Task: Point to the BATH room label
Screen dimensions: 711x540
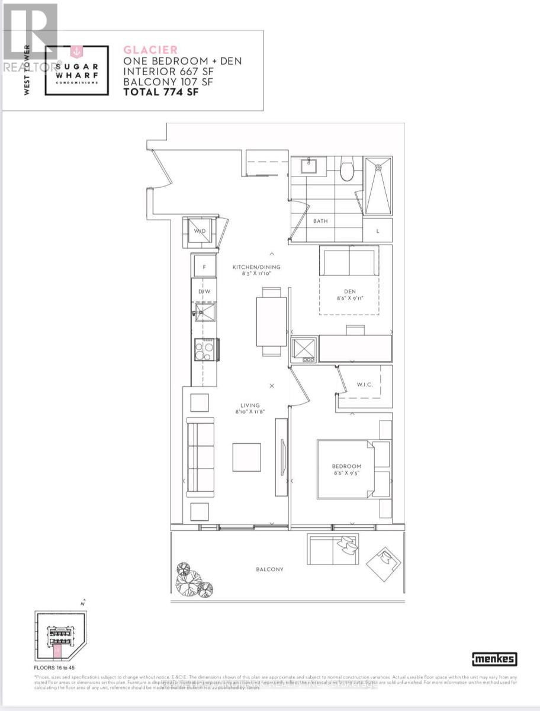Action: pos(320,221)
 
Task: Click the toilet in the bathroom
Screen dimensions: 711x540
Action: pos(348,169)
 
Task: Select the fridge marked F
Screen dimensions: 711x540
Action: pos(204,267)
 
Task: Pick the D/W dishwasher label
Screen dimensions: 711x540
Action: pos(204,292)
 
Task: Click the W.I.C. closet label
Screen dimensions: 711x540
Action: pos(363,385)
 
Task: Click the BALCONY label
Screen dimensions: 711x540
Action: pos(269,569)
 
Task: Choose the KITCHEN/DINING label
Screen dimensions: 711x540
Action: pos(256,267)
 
